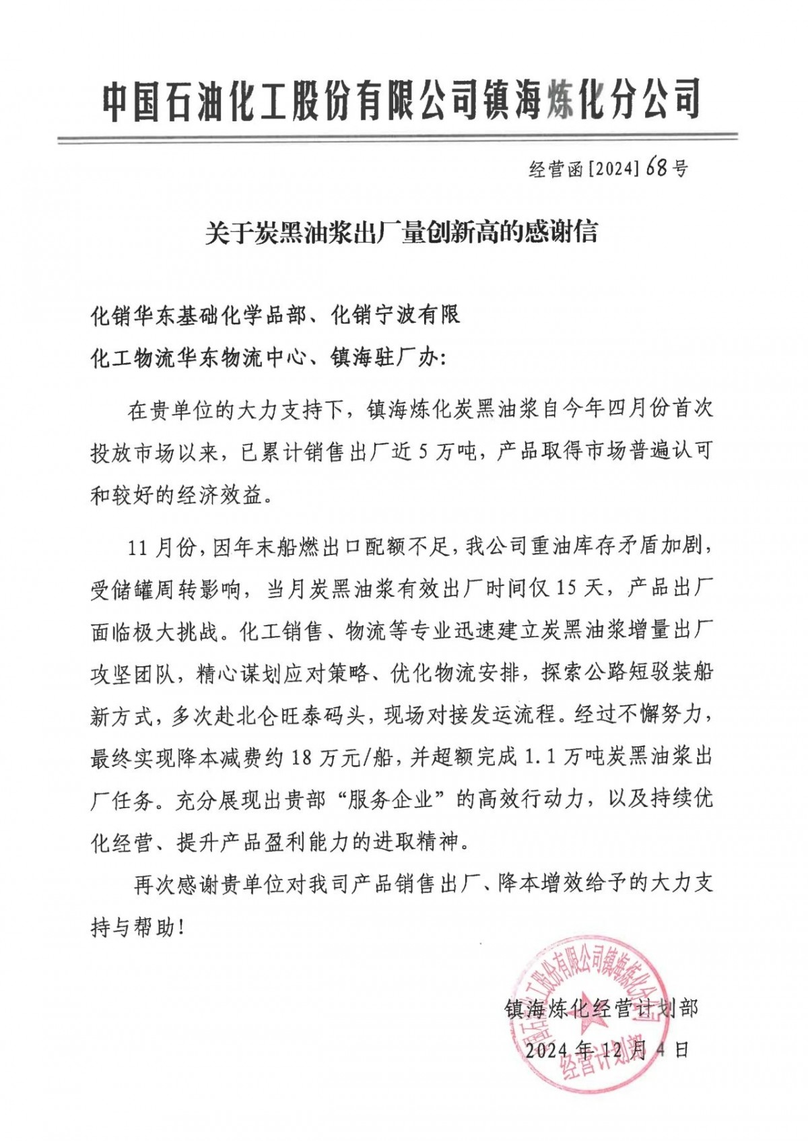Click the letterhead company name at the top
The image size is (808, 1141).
coord(402,100)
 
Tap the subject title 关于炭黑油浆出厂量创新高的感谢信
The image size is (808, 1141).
coord(401,233)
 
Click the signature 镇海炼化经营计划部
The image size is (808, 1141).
coord(601,1008)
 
